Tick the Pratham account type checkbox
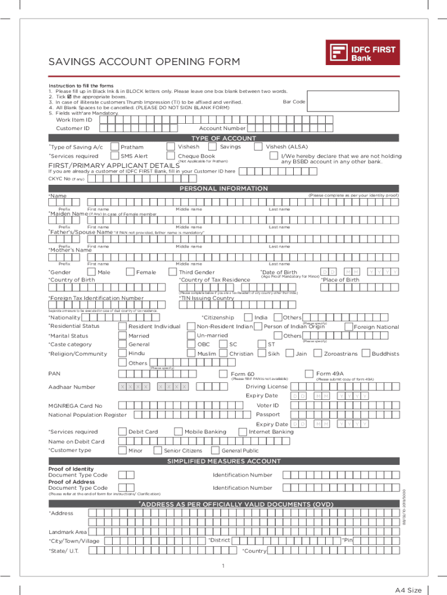coord(115,147)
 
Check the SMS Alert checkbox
coord(115,156)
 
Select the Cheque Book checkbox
coord(171,156)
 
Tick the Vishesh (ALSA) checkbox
coord(270,147)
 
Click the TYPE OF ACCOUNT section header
coord(223,138)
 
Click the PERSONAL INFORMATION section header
coord(223,189)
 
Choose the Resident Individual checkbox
coord(122,327)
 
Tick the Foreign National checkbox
coord(348,327)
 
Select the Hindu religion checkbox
coord(122,353)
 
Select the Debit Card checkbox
coord(122,432)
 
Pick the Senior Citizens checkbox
coord(158,450)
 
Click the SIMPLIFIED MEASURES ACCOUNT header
coord(223,461)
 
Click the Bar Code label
coord(294,102)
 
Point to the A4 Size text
coord(409,590)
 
